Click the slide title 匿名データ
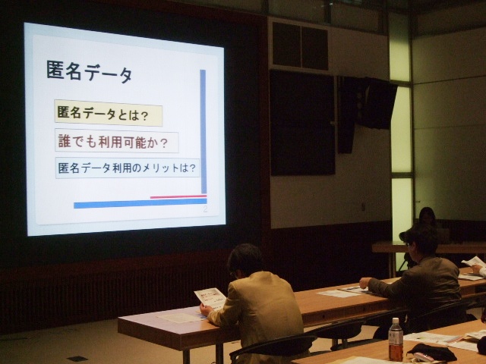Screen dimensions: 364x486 (90, 74)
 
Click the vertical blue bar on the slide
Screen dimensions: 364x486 (203, 129)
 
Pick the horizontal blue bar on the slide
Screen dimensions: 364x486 (140, 203)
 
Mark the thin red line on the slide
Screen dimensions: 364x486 (178, 197)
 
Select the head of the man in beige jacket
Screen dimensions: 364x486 (245, 262)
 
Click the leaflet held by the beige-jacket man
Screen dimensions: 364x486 (208, 299)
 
